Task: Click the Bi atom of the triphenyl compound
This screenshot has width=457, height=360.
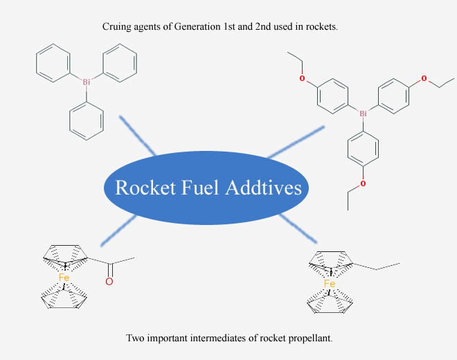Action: click(87, 82)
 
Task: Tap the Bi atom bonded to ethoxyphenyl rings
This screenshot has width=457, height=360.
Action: click(363, 114)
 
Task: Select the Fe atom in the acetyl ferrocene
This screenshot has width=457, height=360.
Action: click(64, 277)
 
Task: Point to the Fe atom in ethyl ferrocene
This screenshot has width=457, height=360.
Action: click(330, 283)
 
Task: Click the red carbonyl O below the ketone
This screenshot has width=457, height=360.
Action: click(109, 282)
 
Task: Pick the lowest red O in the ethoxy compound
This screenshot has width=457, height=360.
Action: click(363, 183)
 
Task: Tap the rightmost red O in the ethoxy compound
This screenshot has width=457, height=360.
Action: click(424, 78)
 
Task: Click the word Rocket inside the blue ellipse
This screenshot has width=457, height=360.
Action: click(145, 188)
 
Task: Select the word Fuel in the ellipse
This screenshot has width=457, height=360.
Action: click(199, 188)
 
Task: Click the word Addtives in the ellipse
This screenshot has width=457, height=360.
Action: click(264, 188)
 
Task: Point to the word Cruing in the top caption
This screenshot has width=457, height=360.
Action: click(117, 27)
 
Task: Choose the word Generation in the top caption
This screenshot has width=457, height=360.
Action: click(197, 26)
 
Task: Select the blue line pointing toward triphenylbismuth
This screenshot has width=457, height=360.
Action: click(138, 136)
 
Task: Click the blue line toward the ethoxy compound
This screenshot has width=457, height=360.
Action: click(296, 142)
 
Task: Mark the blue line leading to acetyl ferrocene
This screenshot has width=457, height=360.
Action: click(118, 231)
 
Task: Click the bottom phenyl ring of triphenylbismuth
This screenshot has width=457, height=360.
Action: click(87, 120)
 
